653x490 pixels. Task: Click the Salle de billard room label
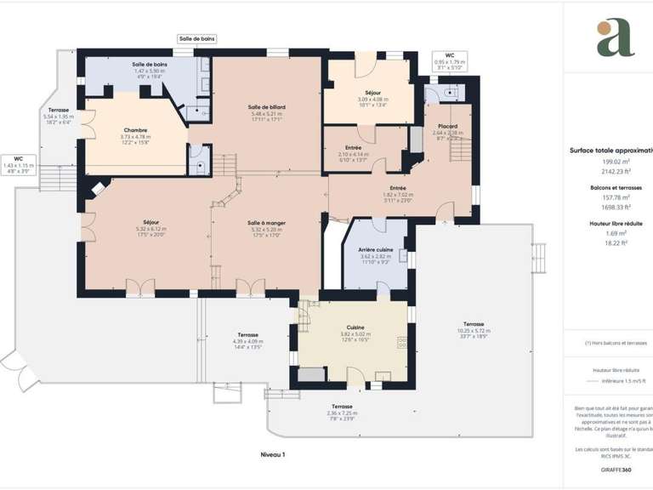tap(266, 107)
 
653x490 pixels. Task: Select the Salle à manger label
tap(266, 222)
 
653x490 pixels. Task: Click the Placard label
tap(447, 126)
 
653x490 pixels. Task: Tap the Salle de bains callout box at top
tap(197, 38)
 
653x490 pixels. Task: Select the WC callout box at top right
tap(450, 60)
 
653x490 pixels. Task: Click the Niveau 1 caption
tap(272, 455)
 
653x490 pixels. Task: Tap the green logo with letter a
tap(615, 39)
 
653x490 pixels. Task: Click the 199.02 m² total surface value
tap(615, 162)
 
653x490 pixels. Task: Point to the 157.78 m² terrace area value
tap(615, 197)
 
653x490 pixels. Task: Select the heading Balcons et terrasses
tap(615, 187)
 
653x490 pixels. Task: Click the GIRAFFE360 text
tap(615, 470)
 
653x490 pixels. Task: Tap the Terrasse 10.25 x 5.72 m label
tap(474, 324)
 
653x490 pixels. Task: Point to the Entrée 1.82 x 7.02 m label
tap(397, 188)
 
